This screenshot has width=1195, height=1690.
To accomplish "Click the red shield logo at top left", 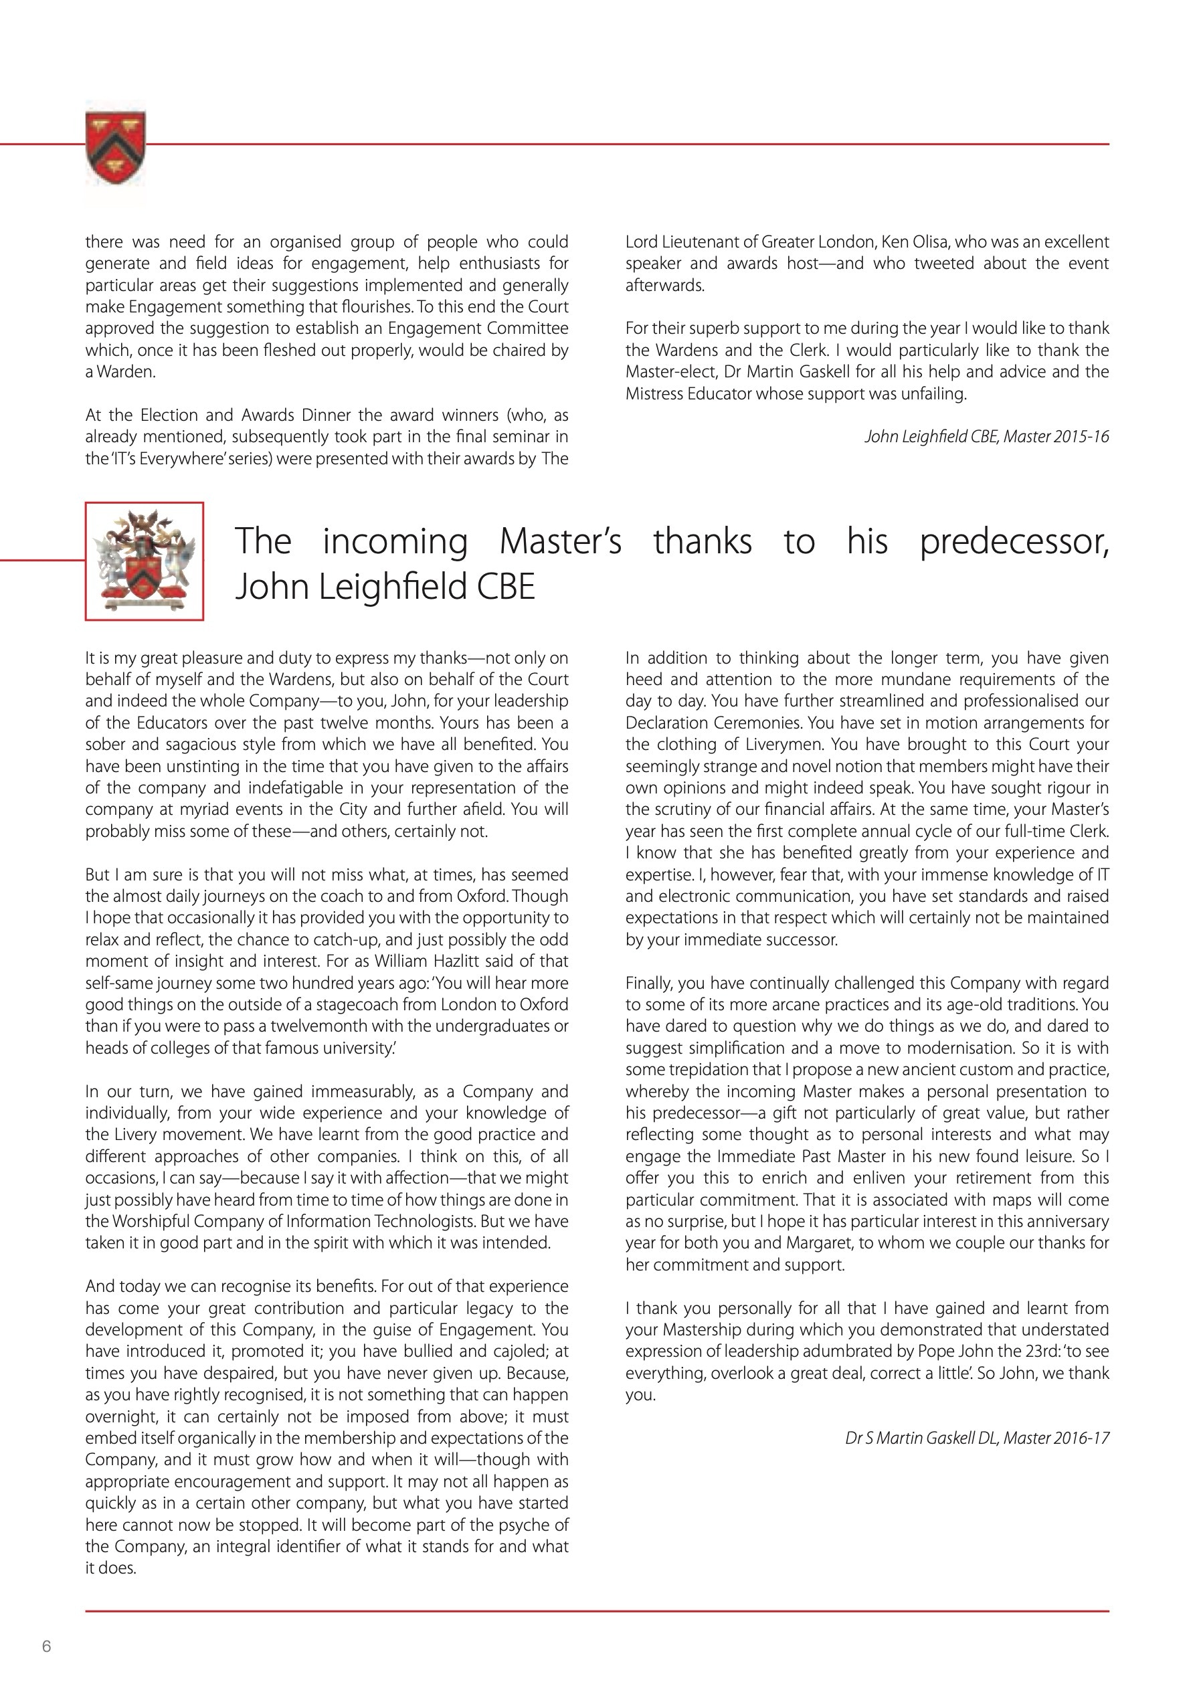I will point(116,147).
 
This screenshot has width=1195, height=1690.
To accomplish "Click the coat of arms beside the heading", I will point(145,561).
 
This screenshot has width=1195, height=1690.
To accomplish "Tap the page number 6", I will point(46,1646).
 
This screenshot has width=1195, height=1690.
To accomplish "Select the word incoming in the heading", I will point(395,542).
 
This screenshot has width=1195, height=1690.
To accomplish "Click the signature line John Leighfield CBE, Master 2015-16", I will point(987,436).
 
